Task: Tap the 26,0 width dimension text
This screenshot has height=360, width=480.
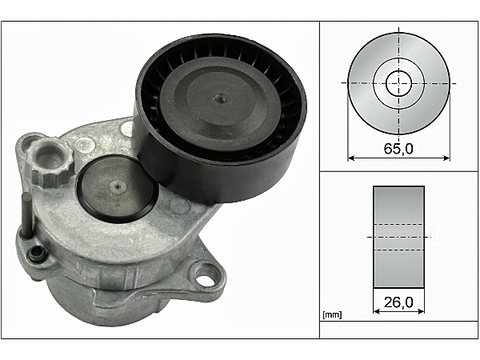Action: click(398, 298)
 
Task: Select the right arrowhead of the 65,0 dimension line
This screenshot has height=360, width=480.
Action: click(445, 157)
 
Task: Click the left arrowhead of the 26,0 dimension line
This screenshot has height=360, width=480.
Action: click(375, 310)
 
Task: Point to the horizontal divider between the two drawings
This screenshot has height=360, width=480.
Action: click(398, 170)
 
